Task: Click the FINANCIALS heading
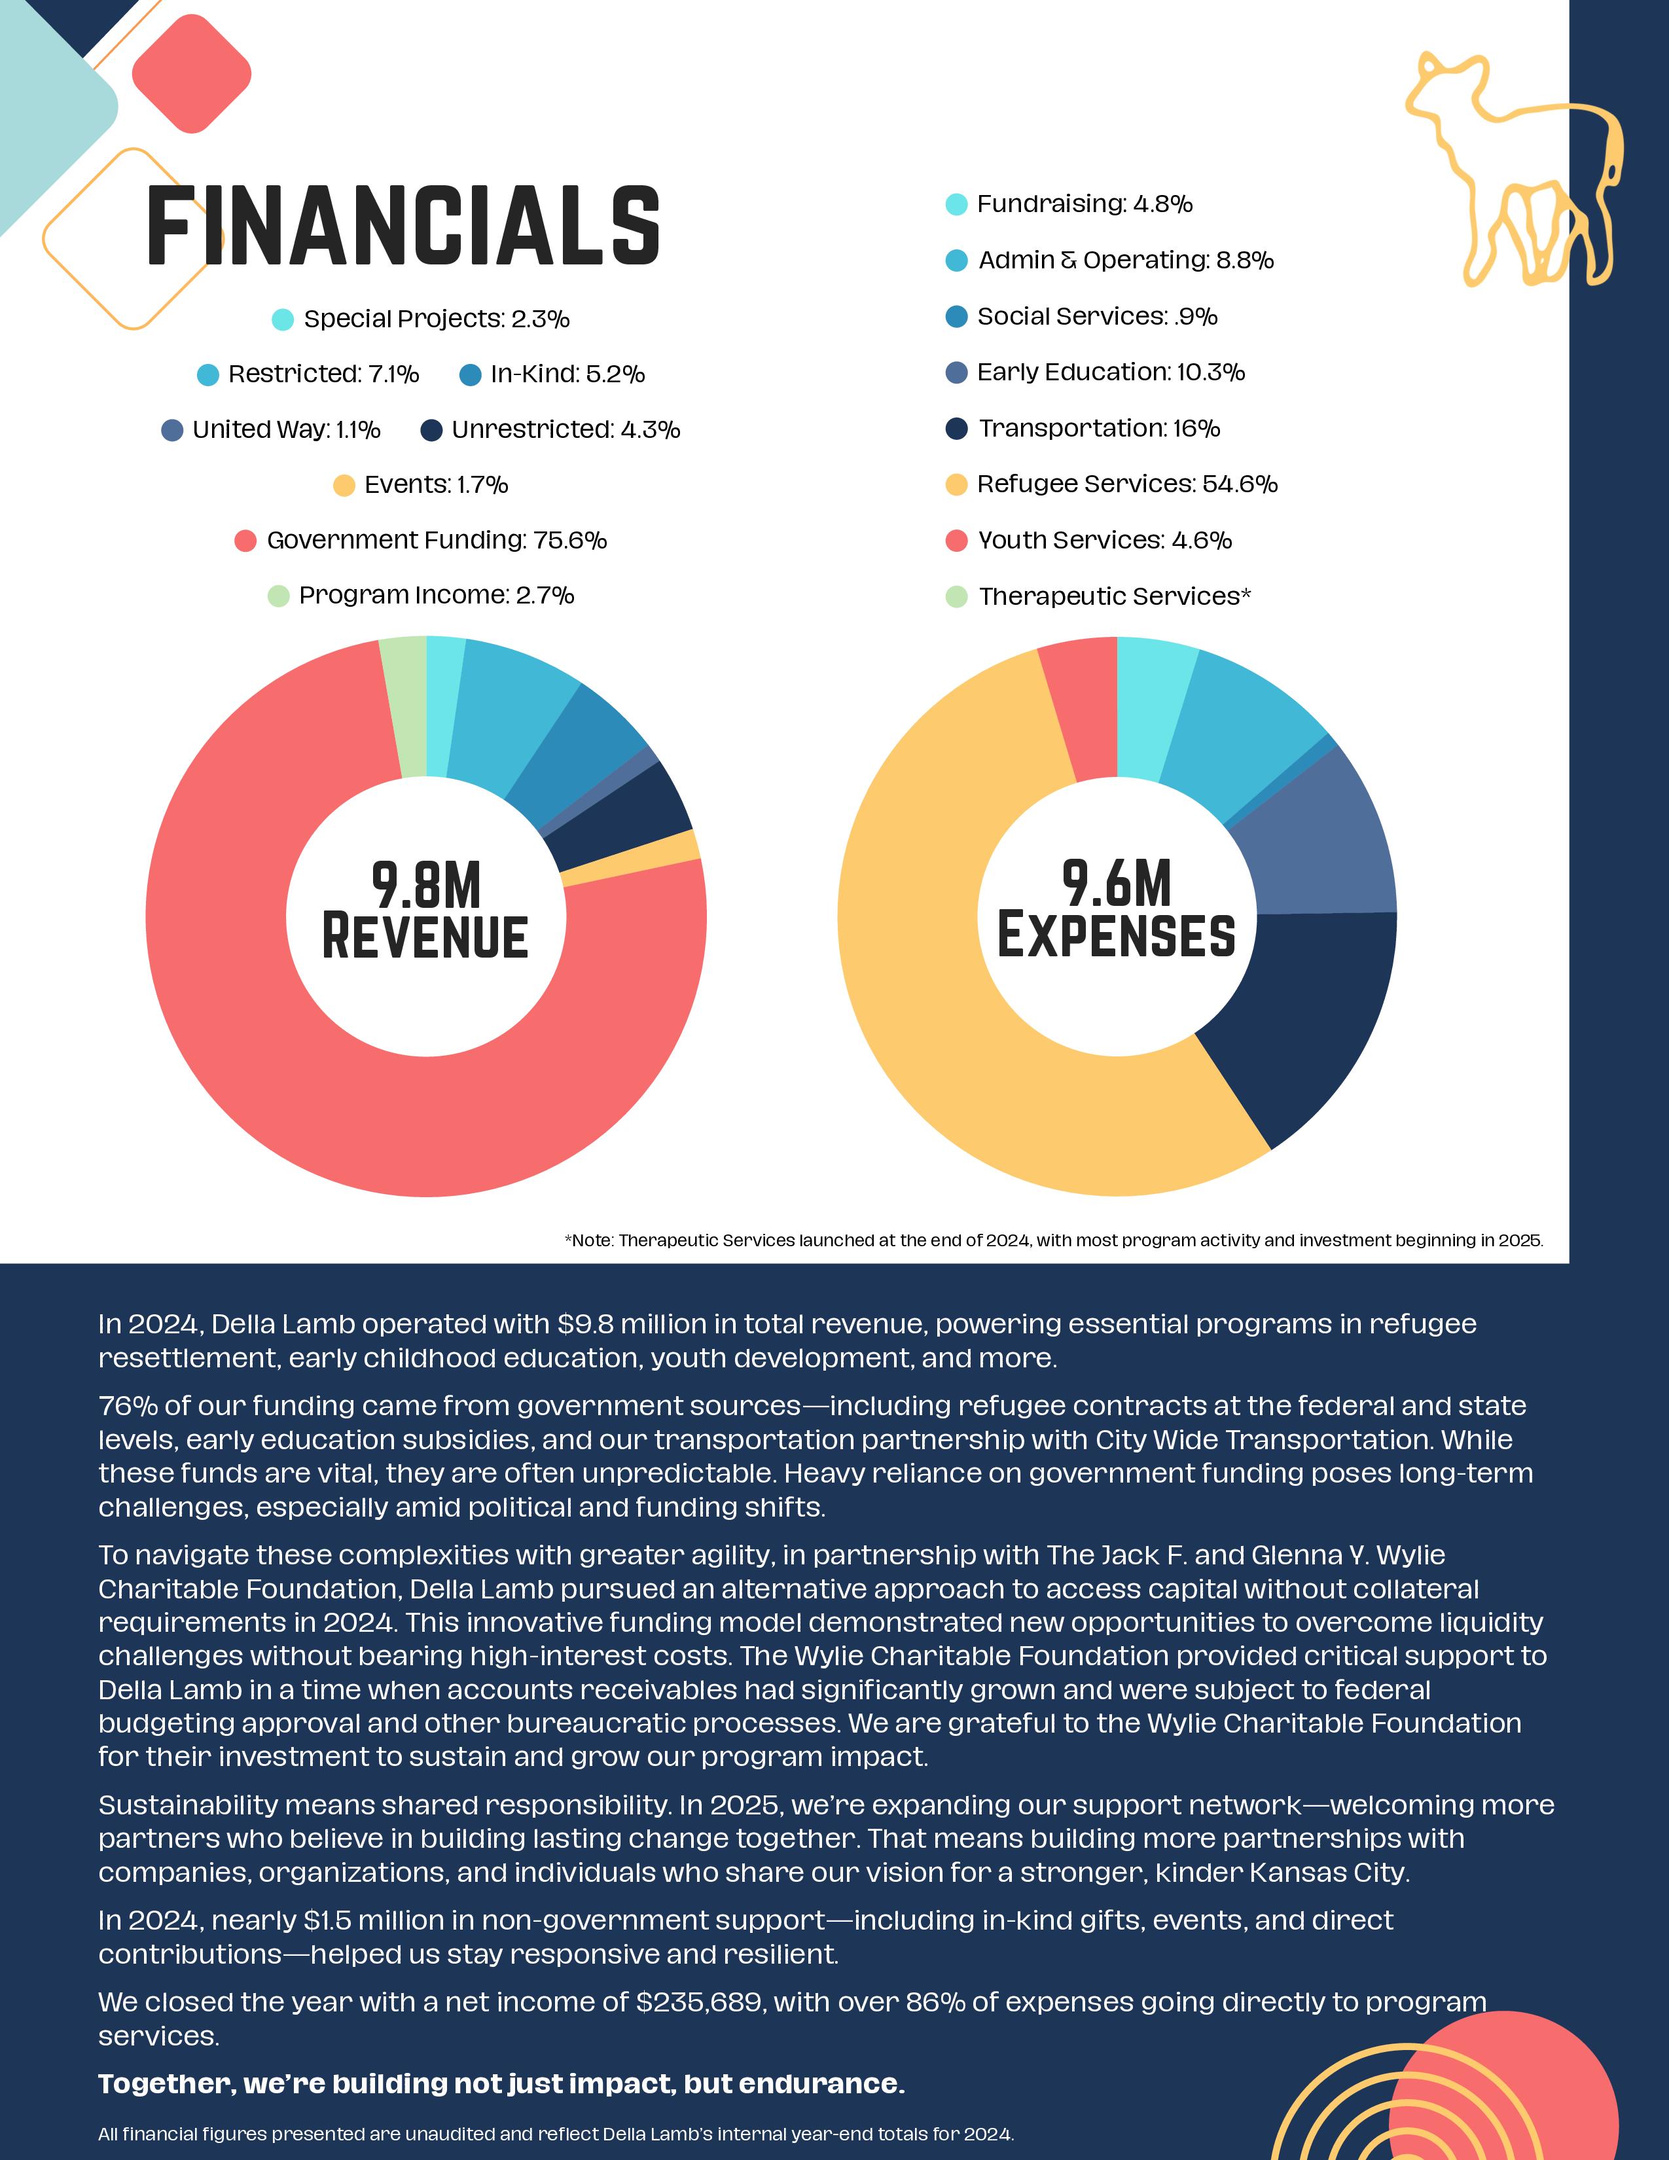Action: click(x=403, y=226)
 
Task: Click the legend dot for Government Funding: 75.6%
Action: click(x=245, y=541)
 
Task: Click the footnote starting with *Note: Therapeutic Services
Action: click(x=1053, y=1240)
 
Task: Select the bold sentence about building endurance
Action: click(x=501, y=2084)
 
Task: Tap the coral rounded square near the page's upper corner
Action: click(x=191, y=74)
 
